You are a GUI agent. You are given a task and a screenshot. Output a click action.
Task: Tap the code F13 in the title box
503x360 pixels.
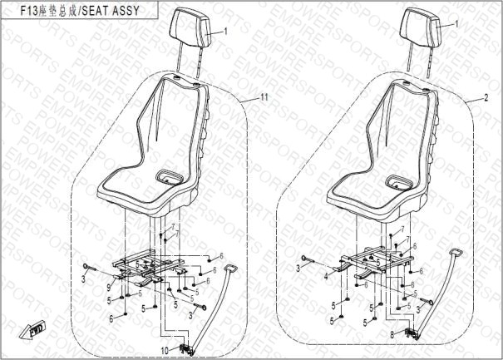coord(29,11)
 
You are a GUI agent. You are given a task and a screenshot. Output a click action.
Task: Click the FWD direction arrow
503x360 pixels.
coord(32,329)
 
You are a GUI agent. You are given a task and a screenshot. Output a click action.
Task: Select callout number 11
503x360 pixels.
coord(264,97)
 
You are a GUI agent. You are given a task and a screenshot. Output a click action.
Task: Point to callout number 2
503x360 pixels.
coord(486,97)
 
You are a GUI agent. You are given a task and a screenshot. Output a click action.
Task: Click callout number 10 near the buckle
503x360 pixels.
coord(165,351)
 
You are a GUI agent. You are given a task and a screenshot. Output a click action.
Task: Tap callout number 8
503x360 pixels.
coord(392,334)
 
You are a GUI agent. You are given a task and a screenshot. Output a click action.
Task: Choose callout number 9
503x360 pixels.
coord(109,288)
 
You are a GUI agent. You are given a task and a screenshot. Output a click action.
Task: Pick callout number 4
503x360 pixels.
coord(326,276)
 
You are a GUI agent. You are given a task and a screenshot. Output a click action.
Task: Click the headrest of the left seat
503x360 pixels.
coord(190,27)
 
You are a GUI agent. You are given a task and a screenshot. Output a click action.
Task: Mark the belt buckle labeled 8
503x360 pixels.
coord(412,334)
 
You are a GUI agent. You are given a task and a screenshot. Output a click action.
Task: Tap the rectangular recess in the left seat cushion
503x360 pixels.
coord(169,177)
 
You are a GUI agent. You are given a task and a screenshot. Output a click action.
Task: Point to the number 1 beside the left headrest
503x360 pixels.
coord(225,32)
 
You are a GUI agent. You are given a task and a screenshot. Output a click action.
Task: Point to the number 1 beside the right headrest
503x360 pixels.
coord(456,24)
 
